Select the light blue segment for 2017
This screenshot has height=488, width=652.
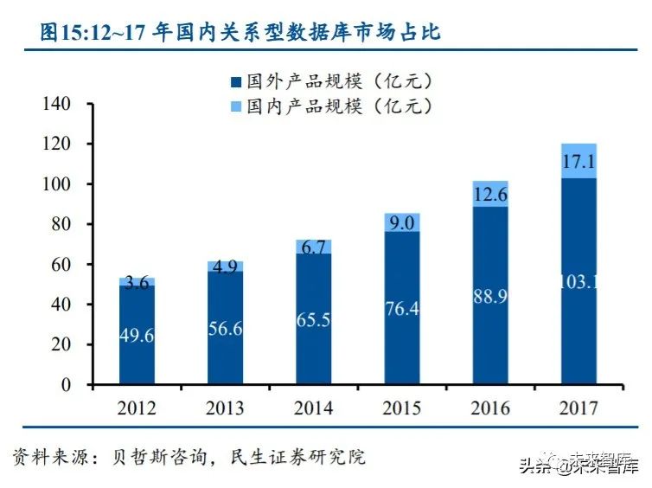pos(578,161)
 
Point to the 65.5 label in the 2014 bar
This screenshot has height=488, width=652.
pos(313,318)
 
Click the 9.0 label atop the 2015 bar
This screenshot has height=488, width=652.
pos(402,222)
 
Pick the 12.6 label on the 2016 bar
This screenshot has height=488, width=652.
pos(490,195)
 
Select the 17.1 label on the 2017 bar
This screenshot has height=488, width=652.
pos(578,161)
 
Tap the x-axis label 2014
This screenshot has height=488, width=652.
pos(313,408)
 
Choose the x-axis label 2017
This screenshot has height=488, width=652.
pos(578,408)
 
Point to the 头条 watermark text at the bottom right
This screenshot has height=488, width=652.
pos(534,467)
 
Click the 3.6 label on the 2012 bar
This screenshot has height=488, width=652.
pos(137,282)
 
